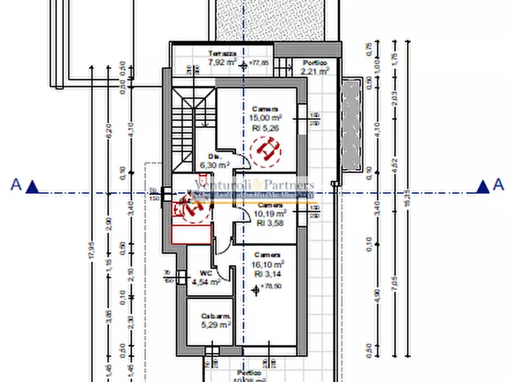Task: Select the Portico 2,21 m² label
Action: pyautogui.click(x=315, y=67)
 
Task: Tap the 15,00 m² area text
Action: pyautogui.click(x=266, y=118)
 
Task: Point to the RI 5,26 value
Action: pyautogui.click(x=265, y=128)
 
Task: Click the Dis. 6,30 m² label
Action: pyautogui.click(x=214, y=161)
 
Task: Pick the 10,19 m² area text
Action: pyautogui.click(x=270, y=214)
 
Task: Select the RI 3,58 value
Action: pyautogui.click(x=269, y=223)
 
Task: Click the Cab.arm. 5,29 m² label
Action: pyautogui.click(x=215, y=320)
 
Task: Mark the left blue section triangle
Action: pyautogui.click(x=32, y=186)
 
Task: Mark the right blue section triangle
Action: pyautogui.click(x=483, y=186)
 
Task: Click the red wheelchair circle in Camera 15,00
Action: pyautogui.click(x=266, y=150)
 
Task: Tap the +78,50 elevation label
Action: pyautogui.click(x=270, y=287)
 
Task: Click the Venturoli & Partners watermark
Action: pyautogui.click(x=254, y=185)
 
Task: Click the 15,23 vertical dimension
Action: pyautogui.click(x=406, y=200)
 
